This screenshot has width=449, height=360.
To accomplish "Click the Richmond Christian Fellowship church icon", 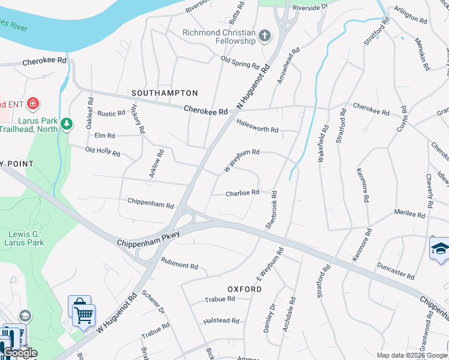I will click(264, 37).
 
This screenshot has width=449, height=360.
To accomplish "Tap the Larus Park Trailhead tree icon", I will click(67, 124).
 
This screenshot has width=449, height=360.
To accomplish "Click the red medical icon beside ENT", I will click(32, 104).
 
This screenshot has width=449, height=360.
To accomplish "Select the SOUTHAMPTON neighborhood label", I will click(164, 93).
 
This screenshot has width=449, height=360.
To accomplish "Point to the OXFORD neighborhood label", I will click(244, 289).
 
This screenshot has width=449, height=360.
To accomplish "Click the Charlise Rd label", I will click(242, 193).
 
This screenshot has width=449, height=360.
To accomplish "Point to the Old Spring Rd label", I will click(240, 62).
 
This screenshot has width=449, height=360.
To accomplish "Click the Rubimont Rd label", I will click(179, 263).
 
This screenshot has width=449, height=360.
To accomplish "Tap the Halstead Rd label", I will click(221, 321).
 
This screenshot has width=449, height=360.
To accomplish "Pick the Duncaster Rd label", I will click(396, 271).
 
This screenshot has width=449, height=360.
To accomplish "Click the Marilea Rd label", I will click(409, 214).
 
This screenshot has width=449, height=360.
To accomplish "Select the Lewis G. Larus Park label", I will click(26, 238).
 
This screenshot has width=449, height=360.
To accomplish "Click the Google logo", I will click(20, 353).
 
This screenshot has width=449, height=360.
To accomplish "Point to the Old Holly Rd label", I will click(102, 152).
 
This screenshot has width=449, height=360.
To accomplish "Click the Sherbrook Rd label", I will click(271, 209).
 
